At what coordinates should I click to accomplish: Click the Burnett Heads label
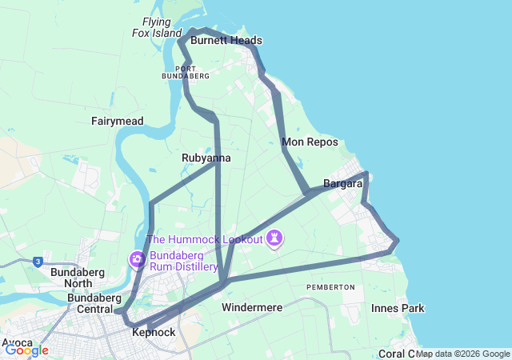point(226,41)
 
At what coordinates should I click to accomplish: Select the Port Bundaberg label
point(186,72)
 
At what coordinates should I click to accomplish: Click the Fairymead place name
point(118,121)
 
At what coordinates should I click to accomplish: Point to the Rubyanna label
point(206,158)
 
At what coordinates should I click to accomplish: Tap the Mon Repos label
point(310,142)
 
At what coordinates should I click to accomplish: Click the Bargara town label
point(343,184)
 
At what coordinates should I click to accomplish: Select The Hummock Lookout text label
point(205,239)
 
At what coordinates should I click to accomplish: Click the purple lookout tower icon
point(275,238)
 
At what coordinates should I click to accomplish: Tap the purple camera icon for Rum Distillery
point(137,259)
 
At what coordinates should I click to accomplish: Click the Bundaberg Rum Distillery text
point(183,261)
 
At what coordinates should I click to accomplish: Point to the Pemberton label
point(330,286)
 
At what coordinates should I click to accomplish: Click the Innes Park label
point(398,308)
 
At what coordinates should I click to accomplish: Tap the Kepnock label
point(154,332)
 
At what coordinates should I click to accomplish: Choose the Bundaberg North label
point(71,277)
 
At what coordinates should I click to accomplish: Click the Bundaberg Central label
point(94,303)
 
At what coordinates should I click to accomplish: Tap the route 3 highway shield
point(38,261)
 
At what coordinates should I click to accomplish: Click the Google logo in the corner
point(26,350)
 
